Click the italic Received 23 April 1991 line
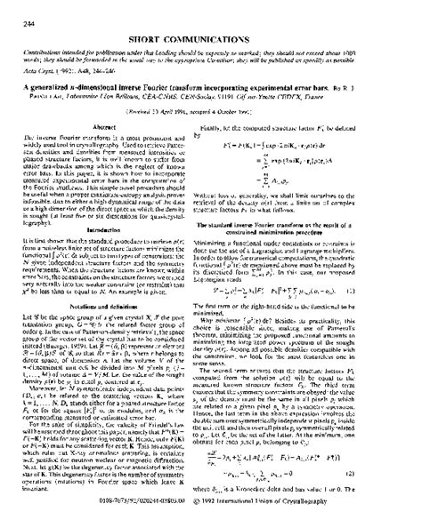(x=211, y=114)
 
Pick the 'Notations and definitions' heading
(x=109, y=329)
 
